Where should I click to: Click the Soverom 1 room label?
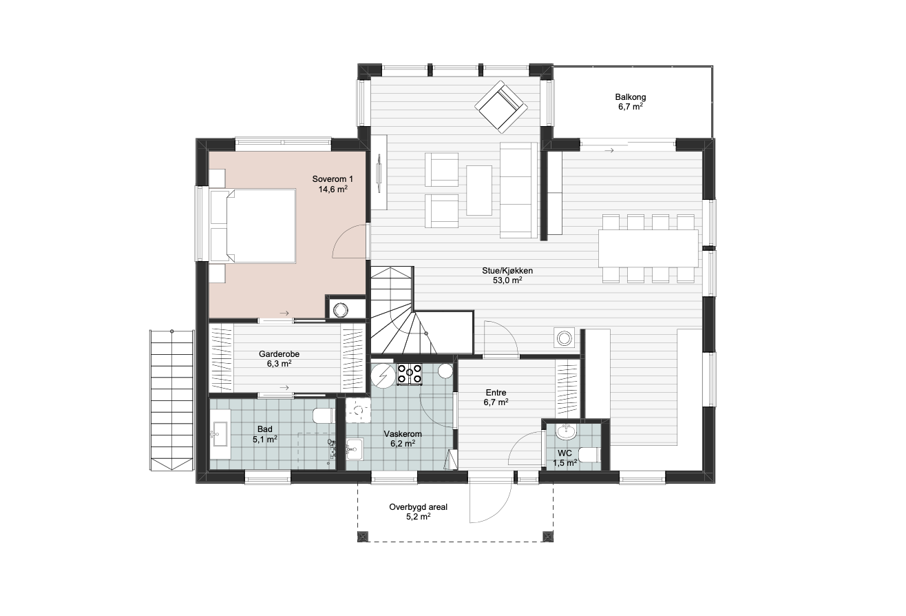[333, 179]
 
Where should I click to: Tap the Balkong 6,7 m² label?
[631, 102]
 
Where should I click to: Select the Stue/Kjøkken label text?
[507, 271]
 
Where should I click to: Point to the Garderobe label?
[279, 354]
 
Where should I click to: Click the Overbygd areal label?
[418, 507]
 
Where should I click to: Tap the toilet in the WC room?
[589, 455]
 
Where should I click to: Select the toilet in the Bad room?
[324, 415]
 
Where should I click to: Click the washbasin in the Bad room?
[220, 434]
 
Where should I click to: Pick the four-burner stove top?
[410, 374]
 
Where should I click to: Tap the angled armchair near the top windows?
[501, 107]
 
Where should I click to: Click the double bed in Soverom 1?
[253, 226]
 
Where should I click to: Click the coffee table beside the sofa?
[479, 190]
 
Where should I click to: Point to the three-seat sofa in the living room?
[518, 189]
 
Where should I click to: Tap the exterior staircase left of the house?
[171, 400]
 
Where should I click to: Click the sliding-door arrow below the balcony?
[609, 151]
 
